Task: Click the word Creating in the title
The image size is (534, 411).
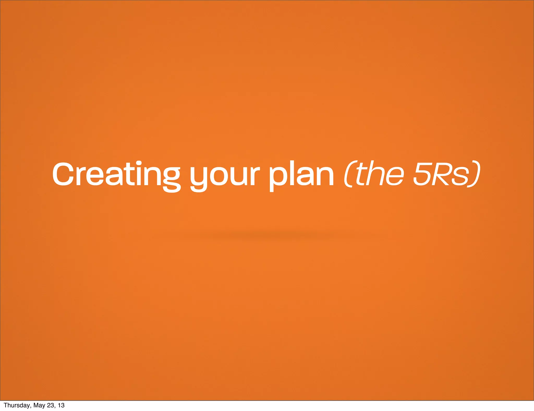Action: click(116, 174)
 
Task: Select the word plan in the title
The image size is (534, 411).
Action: click(301, 175)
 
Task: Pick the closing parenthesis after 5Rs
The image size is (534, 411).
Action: click(476, 174)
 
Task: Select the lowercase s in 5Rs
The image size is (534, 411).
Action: click(461, 177)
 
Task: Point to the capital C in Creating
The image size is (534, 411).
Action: click(63, 174)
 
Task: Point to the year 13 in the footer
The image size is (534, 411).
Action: click(61, 405)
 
